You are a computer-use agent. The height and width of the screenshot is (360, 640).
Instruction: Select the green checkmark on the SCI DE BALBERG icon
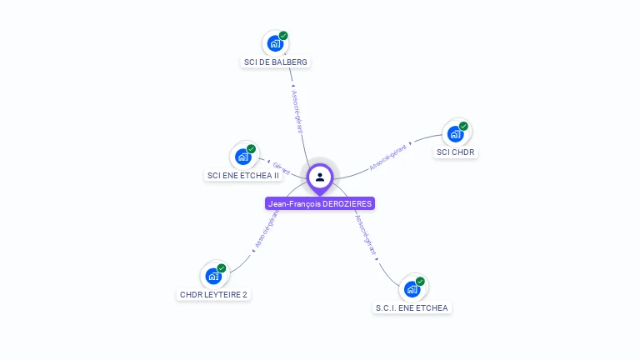tap(283, 36)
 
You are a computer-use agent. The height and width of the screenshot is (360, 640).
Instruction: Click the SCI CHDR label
tap(455, 152)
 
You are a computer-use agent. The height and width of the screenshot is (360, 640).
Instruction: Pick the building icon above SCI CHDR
tap(454, 133)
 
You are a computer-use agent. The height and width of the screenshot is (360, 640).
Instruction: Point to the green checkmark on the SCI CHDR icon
tap(463, 126)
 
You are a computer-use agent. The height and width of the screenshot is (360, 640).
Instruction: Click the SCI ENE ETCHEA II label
tap(243, 176)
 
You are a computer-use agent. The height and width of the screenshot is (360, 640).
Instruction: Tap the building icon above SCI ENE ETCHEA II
tap(242, 156)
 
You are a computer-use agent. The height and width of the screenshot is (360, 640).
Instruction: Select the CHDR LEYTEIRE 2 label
tap(213, 294)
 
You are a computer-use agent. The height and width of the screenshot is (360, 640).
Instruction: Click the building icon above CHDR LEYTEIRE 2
tap(212, 275)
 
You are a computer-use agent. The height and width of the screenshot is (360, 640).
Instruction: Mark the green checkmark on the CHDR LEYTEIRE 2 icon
tap(222, 267)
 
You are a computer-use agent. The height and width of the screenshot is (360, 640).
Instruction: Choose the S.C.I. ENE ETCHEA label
tap(412, 307)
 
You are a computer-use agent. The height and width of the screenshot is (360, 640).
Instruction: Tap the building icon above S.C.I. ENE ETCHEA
tap(411, 288)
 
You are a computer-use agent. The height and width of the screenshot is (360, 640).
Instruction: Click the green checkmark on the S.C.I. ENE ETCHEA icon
tap(420, 281)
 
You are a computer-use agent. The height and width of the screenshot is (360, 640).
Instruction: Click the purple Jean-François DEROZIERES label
tap(320, 203)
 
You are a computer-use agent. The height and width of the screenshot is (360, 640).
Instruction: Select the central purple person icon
tap(320, 177)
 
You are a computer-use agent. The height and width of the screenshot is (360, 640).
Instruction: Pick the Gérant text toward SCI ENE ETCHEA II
tap(280, 168)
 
